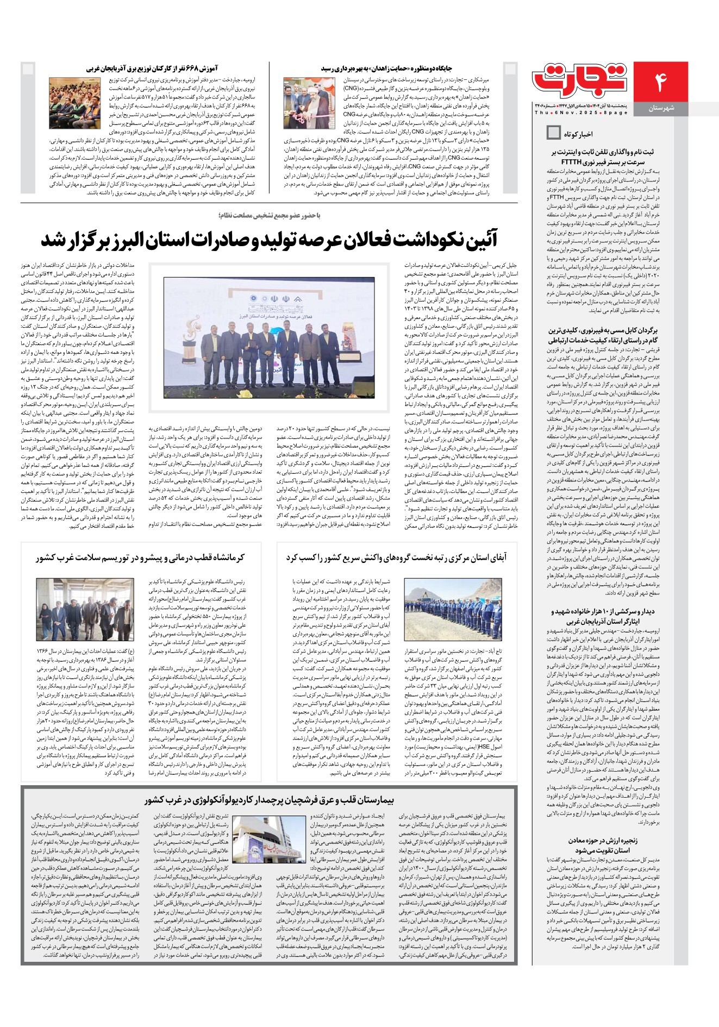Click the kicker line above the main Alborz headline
coord(270,216)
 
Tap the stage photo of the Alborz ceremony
coord(269,337)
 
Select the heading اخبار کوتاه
coord(579,133)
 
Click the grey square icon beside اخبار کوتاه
coord(553,132)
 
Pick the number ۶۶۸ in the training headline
coord(197,68)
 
